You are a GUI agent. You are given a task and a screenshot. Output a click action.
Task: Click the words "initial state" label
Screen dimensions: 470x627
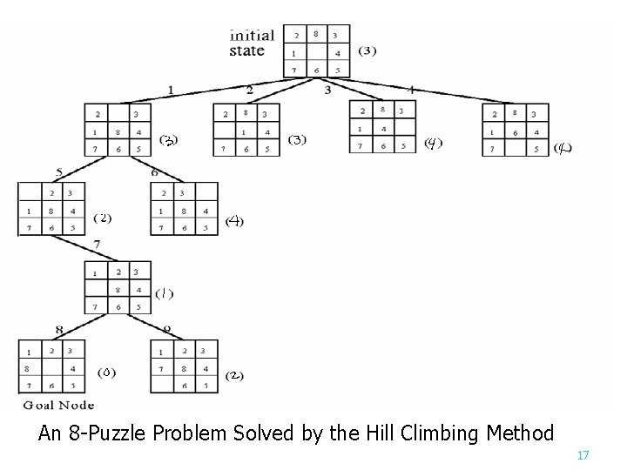pyautogui.click(x=252, y=43)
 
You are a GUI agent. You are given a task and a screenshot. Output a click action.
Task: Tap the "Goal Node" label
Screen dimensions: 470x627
pyautogui.click(x=57, y=404)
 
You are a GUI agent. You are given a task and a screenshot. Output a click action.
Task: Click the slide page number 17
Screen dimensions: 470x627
pyautogui.click(x=583, y=455)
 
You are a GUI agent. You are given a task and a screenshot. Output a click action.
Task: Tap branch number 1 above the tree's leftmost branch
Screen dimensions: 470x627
pyautogui.click(x=172, y=89)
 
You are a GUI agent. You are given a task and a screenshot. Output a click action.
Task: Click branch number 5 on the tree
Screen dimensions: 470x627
pyautogui.click(x=58, y=172)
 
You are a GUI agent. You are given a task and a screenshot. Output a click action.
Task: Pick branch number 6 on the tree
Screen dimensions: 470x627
pyautogui.click(x=154, y=172)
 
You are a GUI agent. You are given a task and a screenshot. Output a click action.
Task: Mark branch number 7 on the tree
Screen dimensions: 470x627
pyautogui.click(x=98, y=244)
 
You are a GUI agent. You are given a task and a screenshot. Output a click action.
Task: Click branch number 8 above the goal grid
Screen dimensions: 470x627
pyautogui.click(x=59, y=330)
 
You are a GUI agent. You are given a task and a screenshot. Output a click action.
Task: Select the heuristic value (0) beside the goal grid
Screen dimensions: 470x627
pyautogui.click(x=106, y=373)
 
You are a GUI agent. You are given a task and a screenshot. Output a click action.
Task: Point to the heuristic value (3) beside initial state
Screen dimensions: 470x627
pyautogui.click(x=367, y=50)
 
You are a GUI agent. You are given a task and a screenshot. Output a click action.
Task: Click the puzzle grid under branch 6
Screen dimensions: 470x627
pyautogui.click(x=184, y=210)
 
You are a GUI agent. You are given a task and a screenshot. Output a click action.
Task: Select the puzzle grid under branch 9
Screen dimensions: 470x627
pyautogui.click(x=184, y=366)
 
